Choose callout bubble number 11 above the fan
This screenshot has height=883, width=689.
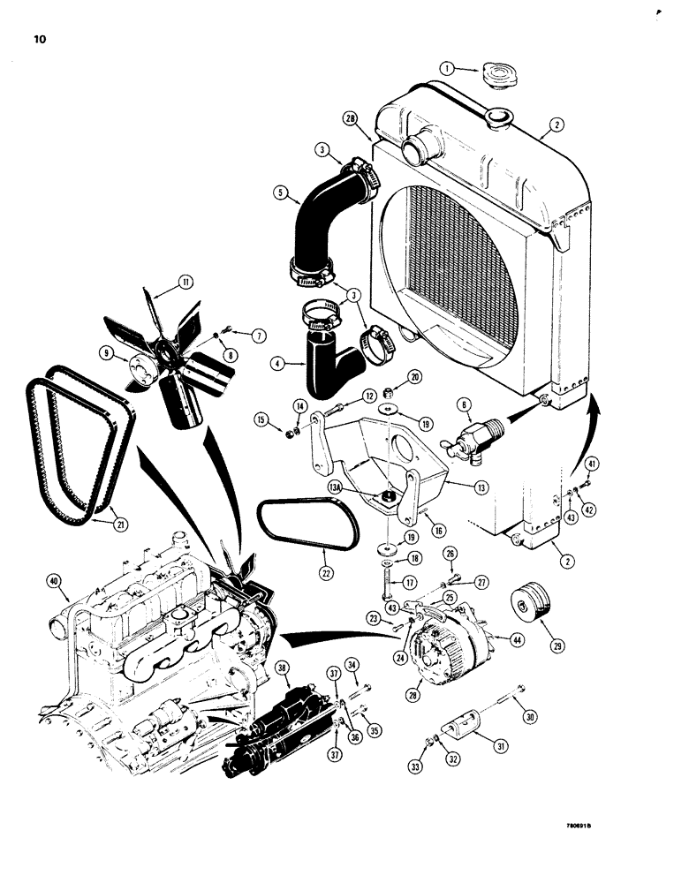[x=185, y=283]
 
